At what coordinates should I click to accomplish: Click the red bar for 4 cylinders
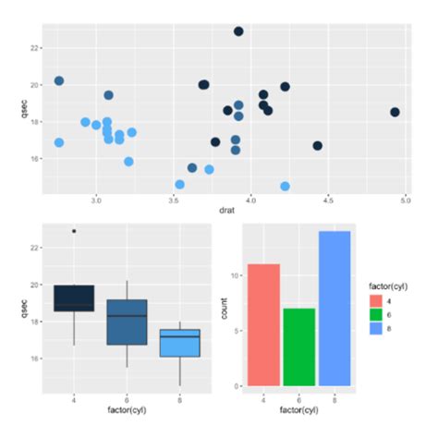(263, 323)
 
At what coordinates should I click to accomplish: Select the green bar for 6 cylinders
(298, 347)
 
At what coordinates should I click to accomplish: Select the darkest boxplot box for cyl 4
(74, 298)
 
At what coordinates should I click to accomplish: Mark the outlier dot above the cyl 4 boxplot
(74, 231)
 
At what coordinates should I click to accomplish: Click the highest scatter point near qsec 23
(238, 31)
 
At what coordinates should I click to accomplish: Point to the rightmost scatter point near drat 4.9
(395, 112)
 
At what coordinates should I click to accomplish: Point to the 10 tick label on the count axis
(236, 275)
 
